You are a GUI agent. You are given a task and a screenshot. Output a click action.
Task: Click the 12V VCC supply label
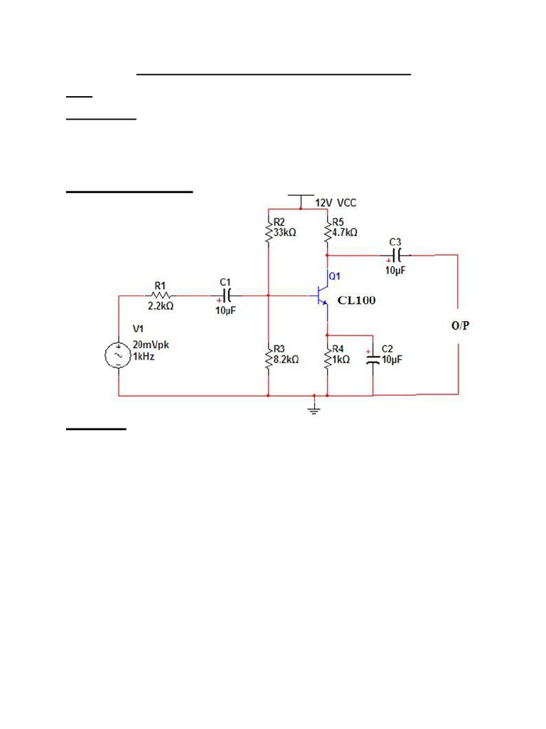click(336, 203)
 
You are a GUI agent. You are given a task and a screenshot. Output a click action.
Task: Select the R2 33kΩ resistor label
click(284, 227)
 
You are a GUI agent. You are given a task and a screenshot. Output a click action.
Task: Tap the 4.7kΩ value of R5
click(345, 232)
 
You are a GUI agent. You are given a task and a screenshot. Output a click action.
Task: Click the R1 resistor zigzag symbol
click(161, 294)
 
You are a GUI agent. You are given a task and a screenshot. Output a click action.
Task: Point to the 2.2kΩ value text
click(161, 306)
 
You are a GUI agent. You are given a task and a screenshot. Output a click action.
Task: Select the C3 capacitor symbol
click(397, 254)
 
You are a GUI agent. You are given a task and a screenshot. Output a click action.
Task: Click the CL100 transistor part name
click(356, 300)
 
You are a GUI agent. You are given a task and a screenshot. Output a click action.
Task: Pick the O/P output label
click(460, 325)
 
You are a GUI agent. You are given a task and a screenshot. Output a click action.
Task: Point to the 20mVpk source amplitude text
click(151, 345)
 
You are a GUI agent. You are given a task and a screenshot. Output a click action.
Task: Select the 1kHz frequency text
click(144, 357)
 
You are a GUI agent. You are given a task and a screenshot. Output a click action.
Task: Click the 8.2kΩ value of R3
click(286, 360)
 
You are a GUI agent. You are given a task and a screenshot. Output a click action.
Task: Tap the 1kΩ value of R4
click(341, 360)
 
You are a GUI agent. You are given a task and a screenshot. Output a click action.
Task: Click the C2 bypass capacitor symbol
click(373, 357)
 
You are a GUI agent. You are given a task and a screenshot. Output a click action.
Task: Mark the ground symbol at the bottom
click(314, 407)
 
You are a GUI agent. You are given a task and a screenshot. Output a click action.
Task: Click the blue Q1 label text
click(335, 276)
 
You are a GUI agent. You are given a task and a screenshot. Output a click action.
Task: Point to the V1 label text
click(138, 329)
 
